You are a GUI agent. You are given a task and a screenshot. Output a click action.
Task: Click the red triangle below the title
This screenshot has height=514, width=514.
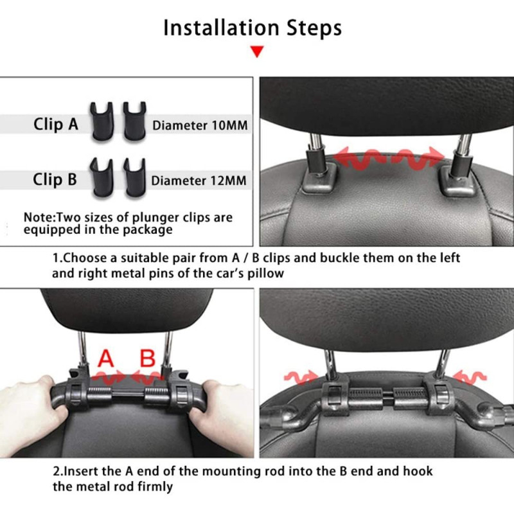[x=257, y=51]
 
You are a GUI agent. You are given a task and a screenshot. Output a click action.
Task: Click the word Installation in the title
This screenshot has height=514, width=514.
[x=221, y=28]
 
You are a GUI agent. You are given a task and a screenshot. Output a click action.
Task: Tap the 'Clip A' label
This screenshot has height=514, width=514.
[x=56, y=124]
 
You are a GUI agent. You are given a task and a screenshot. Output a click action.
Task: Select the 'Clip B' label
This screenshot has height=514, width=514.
[x=55, y=179]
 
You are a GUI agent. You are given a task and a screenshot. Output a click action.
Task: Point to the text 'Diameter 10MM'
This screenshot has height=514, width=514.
[x=200, y=125]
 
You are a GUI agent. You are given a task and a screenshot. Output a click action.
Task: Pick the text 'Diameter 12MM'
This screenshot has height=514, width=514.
[x=199, y=181]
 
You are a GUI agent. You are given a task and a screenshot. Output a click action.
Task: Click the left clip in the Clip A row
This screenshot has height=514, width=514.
[x=102, y=121]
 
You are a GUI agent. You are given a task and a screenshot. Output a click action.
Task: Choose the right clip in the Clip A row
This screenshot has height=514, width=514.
[x=134, y=121]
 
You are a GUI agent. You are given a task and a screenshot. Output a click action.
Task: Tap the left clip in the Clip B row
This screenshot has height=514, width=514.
[x=102, y=177]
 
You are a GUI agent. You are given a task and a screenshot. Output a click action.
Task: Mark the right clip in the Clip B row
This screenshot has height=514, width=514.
[x=134, y=177]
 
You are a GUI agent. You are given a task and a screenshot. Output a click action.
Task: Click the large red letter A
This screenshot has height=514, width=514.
[x=106, y=359]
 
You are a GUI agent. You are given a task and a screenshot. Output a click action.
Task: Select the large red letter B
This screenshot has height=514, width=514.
[x=148, y=359]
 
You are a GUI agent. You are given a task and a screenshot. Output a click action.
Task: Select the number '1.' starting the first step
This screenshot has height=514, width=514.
[x=57, y=258]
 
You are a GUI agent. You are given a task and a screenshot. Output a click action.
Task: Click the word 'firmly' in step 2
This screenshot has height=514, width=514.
[x=155, y=487]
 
